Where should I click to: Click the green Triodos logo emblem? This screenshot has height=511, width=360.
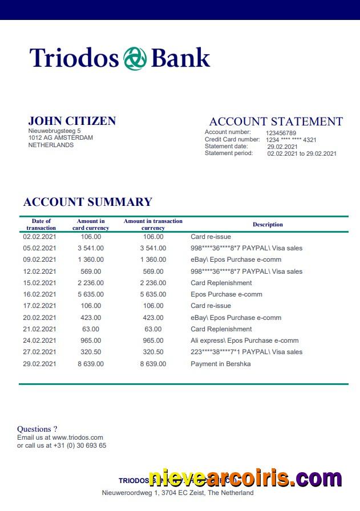135,59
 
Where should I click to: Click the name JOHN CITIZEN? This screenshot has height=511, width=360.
72,121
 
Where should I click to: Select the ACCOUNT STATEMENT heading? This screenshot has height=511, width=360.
276,121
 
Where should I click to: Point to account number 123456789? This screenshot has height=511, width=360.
281,133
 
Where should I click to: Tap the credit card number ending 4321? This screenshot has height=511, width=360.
291,140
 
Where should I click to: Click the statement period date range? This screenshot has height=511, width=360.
302,153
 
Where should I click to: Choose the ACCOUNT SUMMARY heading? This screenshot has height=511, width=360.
88,202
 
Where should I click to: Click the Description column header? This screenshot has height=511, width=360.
268,225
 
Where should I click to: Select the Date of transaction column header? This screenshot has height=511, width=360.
41,225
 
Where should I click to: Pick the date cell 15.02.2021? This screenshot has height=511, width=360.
40,283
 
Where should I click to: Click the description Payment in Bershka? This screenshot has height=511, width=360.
221,364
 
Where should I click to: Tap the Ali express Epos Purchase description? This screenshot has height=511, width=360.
244,340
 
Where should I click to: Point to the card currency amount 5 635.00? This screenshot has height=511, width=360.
91,294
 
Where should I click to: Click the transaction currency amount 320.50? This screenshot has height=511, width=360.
153,352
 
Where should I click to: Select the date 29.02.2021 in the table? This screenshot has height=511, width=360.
40,364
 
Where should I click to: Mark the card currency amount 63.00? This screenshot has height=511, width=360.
91,329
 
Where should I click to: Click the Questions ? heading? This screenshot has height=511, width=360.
37,429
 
